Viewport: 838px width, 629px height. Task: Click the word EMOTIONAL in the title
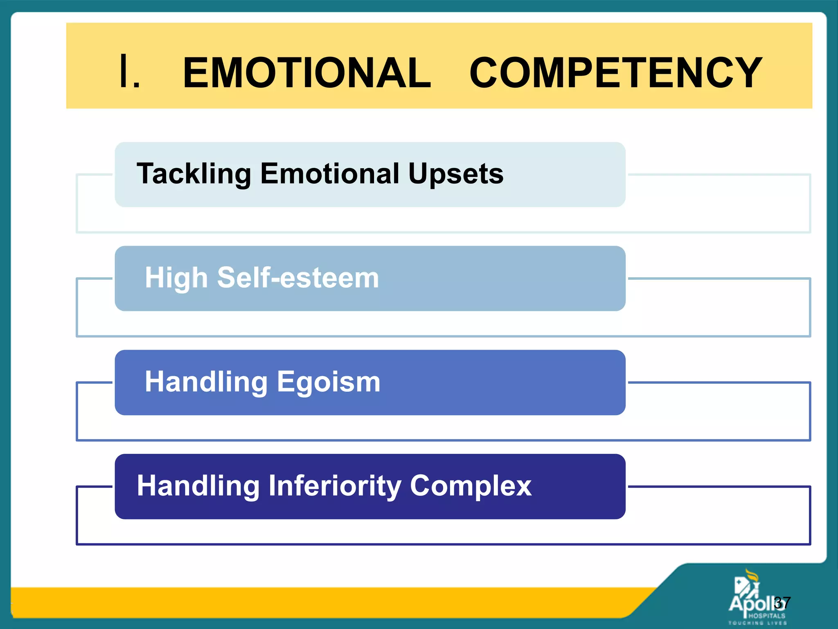(307, 73)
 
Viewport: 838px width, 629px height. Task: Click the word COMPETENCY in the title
(616, 73)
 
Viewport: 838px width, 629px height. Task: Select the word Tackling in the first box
(194, 174)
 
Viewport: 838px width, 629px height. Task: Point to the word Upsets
(456, 174)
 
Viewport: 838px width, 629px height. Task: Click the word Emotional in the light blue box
(329, 174)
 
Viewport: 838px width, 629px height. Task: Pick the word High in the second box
(176, 278)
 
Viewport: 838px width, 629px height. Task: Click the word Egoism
(329, 382)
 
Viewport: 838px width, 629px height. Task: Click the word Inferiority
(334, 486)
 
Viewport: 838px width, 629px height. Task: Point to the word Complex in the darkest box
(471, 486)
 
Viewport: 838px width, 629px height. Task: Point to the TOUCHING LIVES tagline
(757, 623)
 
